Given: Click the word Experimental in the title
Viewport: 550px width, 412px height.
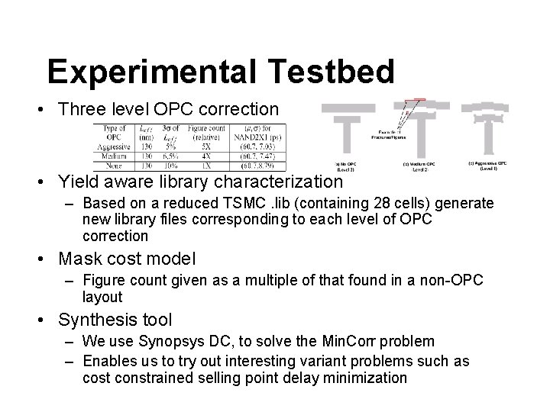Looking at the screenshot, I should click(153, 72).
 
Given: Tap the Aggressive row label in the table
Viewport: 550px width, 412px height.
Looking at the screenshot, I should click(110, 146).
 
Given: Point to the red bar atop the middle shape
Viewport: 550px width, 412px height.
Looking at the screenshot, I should click(416, 101).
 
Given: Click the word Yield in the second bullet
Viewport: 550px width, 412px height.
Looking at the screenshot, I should click(82, 182).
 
